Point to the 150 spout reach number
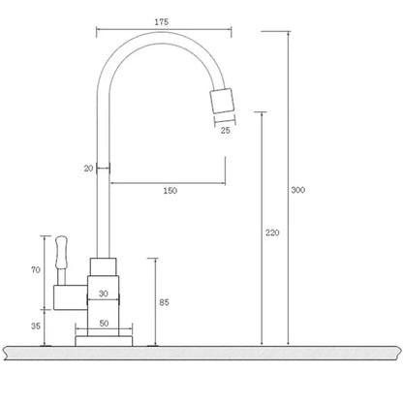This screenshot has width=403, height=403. (170, 191)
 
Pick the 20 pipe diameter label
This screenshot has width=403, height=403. (89, 169)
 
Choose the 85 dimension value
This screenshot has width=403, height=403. (164, 302)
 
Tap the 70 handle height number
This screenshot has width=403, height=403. (36, 270)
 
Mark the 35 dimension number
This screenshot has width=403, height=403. (36, 325)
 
